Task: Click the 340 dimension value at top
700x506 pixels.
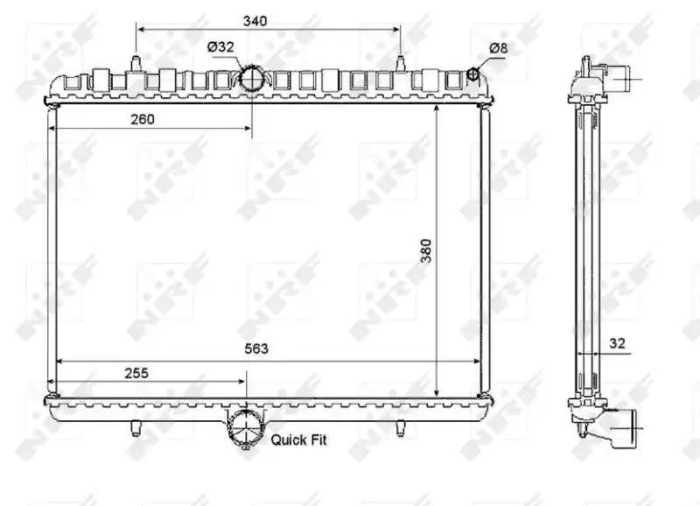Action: click(x=255, y=21)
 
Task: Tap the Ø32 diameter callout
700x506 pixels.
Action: click(x=220, y=47)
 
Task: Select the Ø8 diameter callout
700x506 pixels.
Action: click(x=498, y=48)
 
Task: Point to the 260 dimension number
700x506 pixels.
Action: click(x=143, y=119)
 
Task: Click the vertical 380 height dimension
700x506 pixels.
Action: click(x=427, y=250)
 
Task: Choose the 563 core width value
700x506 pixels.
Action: click(x=256, y=348)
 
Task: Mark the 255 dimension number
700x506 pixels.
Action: click(x=136, y=372)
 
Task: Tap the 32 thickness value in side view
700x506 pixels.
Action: click(x=617, y=343)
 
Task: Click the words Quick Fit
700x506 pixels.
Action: click(x=298, y=439)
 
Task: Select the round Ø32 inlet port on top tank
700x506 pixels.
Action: click(x=252, y=79)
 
